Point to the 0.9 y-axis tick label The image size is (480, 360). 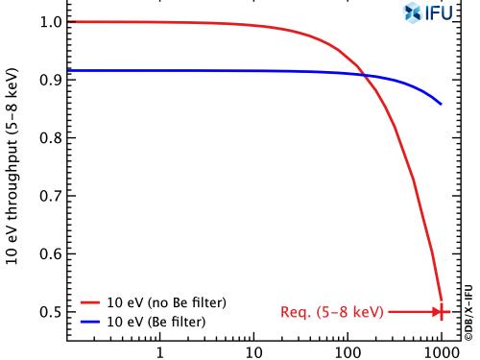click(45, 80)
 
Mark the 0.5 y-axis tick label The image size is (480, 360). click(45, 312)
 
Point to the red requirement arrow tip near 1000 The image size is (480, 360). click(439, 312)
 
